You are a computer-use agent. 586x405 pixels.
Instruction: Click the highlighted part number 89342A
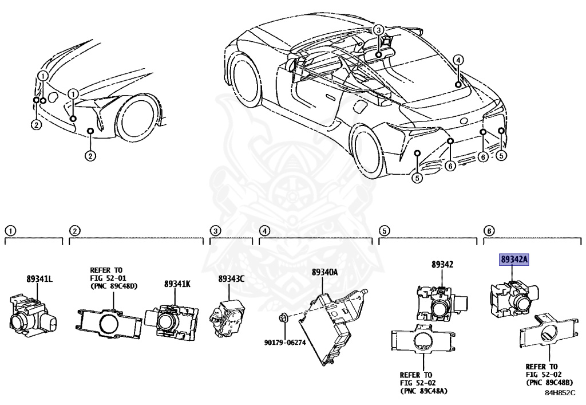click(514, 259)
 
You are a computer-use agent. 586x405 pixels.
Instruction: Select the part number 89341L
click(39, 279)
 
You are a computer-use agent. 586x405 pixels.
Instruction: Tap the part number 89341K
click(177, 283)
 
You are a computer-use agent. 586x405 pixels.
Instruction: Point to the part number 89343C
click(231, 279)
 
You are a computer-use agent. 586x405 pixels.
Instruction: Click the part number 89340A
click(324, 273)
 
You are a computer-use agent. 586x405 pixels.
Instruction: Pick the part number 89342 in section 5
click(442, 265)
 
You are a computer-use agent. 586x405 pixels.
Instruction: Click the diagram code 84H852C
click(560, 393)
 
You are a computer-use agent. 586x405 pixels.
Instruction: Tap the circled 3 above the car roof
click(378, 30)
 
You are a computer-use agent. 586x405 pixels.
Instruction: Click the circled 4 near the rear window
click(458, 60)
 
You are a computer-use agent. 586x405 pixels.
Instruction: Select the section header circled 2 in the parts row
click(74, 231)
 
